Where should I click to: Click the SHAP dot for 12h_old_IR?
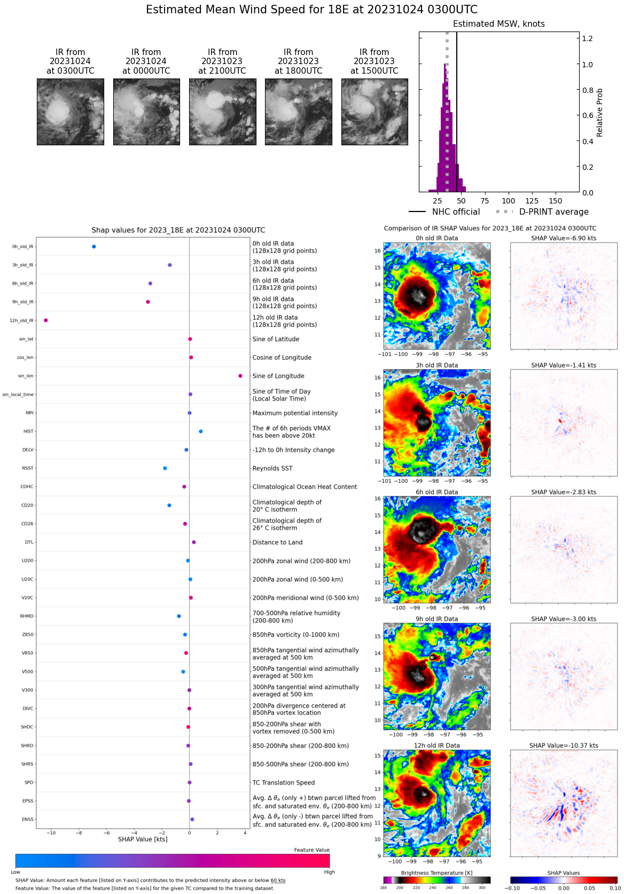click(x=46, y=320)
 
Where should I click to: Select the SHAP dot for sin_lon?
click(x=240, y=376)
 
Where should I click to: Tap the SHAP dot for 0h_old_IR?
click(x=94, y=247)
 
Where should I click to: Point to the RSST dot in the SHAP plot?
click(x=165, y=468)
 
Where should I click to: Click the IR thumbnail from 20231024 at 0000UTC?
click(x=146, y=112)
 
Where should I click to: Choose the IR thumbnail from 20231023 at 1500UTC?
click(x=375, y=112)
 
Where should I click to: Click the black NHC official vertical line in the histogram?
click(x=457, y=107)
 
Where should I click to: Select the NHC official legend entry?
click(x=444, y=212)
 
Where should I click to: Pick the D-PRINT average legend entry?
click(x=542, y=212)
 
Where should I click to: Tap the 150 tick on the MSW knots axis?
click(x=556, y=201)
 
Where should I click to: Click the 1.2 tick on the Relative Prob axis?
click(x=587, y=38)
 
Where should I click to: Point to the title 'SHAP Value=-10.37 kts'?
click(x=564, y=746)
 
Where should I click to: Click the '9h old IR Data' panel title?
click(x=436, y=619)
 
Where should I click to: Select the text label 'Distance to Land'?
click(x=277, y=542)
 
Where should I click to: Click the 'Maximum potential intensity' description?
click(x=295, y=413)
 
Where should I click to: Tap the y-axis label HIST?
click(x=28, y=432)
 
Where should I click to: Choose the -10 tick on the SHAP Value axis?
click(x=51, y=833)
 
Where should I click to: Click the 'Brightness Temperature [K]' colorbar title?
click(x=436, y=873)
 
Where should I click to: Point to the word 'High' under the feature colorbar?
click(x=329, y=872)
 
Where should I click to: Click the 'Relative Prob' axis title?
click(x=600, y=112)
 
